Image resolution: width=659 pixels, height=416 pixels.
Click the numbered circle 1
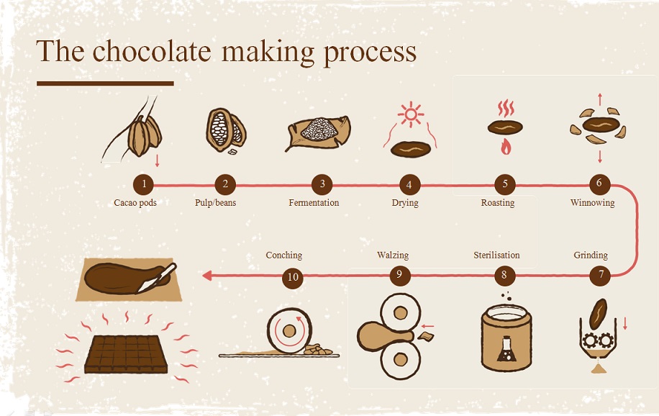144,184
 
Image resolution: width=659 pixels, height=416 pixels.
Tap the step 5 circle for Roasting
505,184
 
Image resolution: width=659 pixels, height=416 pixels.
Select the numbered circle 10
293,278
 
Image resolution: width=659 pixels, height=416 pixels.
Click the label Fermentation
314,203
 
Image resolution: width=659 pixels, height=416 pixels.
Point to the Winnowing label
592,203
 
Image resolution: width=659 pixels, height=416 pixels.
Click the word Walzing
393,256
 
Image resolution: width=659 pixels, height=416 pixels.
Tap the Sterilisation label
496,255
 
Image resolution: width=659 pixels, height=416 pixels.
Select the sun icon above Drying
411,114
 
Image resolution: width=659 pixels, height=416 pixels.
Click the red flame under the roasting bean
506,147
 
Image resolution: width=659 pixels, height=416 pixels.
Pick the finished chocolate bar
126,354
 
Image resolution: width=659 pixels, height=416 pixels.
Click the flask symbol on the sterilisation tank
506,348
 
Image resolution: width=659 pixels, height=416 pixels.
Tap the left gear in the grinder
591,340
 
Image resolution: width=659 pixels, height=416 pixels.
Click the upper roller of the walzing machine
400,312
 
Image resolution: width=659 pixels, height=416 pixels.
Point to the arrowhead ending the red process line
206,276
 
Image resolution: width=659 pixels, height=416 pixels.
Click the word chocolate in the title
152,51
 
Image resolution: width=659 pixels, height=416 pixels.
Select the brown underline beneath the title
105,83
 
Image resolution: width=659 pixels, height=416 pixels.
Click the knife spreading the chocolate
157,278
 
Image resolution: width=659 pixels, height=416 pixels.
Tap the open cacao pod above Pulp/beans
226,130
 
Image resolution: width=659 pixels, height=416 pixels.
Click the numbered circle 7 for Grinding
600,276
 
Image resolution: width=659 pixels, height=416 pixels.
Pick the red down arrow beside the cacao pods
157,160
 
